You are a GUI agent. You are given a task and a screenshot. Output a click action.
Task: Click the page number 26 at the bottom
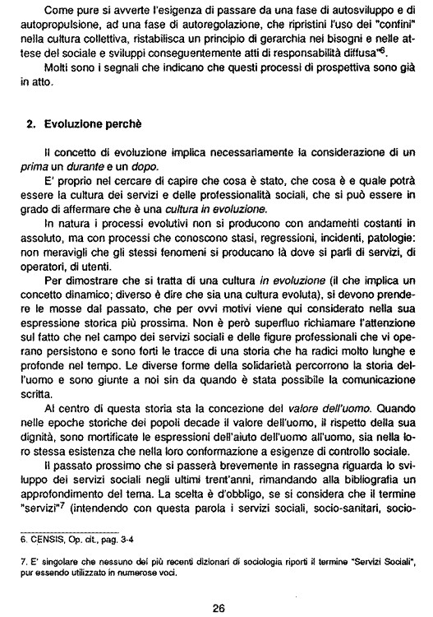coord(218,586)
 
